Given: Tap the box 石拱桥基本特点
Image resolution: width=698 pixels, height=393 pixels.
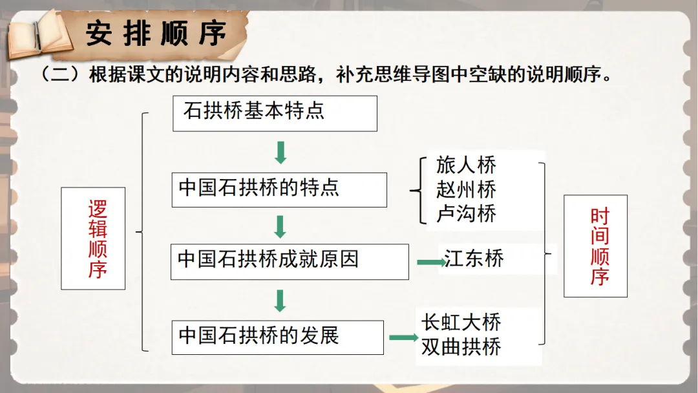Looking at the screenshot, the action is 275,113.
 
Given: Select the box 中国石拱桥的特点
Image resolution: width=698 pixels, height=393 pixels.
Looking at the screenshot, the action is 279,189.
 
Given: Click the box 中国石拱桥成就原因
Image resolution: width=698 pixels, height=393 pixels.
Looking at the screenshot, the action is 290,261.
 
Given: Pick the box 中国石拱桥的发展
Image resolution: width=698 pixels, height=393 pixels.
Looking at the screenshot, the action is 277,337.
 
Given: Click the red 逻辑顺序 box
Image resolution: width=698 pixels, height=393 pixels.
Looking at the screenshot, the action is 93,239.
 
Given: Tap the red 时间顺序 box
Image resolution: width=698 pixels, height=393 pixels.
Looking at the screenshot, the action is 595,246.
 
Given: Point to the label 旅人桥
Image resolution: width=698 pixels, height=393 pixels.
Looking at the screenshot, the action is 466,165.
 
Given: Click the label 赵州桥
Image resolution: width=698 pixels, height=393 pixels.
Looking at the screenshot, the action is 466,189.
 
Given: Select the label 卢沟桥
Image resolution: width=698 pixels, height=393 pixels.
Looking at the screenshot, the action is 466,213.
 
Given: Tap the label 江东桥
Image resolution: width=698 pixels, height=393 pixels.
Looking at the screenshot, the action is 474,259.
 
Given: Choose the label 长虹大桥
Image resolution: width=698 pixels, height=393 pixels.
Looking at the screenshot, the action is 461,322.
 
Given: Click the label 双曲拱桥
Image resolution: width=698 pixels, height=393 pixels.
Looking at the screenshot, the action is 461,347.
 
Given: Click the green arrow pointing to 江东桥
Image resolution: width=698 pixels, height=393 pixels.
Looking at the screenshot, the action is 429,262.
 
